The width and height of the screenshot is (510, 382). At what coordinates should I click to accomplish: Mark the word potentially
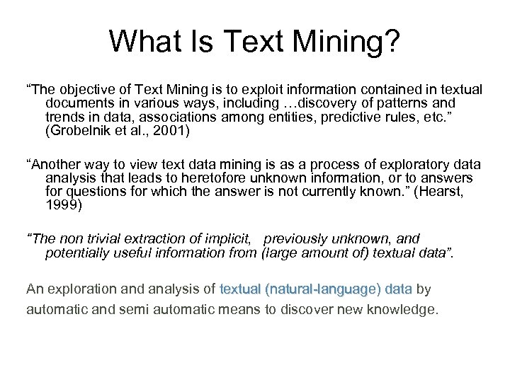pos(75,253)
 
